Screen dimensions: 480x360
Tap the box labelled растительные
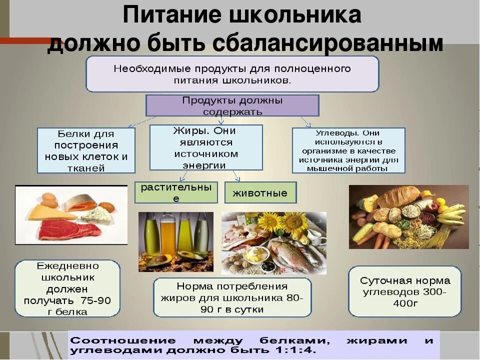[x=176, y=192]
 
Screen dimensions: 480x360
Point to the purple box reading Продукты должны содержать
[x=232, y=105]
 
